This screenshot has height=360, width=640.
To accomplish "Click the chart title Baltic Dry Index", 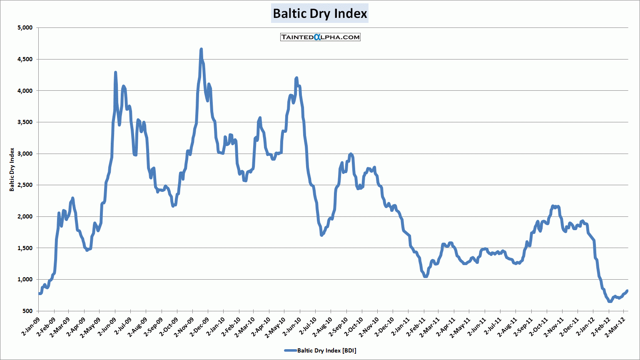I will pyautogui.click(x=320, y=14).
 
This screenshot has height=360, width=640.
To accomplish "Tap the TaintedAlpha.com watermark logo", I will pyautogui.click(x=320, y=37).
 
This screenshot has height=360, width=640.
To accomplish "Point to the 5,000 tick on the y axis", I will pyautogui.click(x=25, y=28).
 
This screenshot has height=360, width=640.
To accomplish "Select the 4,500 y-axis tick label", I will pyautogui.click(x=25, y=59).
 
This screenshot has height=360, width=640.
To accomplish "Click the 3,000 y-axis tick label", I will pyautogui.click(x=25, y=154).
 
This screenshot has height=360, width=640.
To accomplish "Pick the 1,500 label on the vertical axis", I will pyautogui.click(x=25, y=248).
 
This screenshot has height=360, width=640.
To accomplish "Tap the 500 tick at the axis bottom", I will pyautogui.click(x=27, y=311).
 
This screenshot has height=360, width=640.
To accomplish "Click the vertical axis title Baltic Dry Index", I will pyautogui.click(x=12, y=169).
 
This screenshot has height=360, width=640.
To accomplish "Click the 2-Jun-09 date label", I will pyautogui.click(x=107, y=327).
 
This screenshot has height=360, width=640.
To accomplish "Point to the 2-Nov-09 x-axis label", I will pyautogui.click(x=184, y=327).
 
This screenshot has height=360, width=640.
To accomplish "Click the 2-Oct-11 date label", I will pyautogui.click(x=539, y=327).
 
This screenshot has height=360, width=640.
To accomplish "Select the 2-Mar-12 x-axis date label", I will pyautogui.click(x=616, y=327).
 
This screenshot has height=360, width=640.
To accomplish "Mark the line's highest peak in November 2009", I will pyautogui.click(x=201, y=49).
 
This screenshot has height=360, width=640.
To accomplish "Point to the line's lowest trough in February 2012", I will pyautogui.click(x=610, y=301).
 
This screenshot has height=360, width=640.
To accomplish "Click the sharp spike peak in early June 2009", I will pyautogui.click(x=115, y=72).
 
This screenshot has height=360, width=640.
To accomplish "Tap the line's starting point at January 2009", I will pyautogui.click(x=39, y=293).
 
